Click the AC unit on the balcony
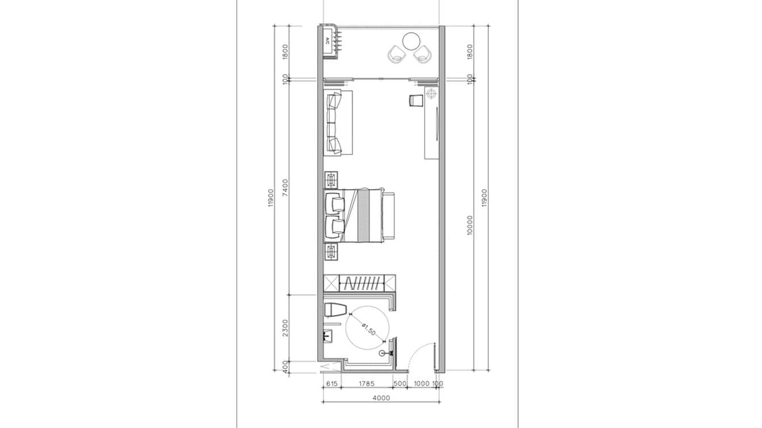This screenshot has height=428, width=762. click(x=328, y=41)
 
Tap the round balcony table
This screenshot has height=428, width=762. click(x=411, y=41)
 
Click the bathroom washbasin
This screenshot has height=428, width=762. click(x=328, y=335)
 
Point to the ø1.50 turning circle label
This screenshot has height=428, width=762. click(x=368, y=329)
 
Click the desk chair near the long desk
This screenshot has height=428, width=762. click(x=416, y=100)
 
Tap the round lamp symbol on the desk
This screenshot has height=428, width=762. click(x=432, y=93)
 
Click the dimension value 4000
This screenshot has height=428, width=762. click(x=381, y=398)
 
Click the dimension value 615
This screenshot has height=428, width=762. click(x=333, y=384)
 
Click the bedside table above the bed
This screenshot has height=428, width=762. click(x=331, y=180)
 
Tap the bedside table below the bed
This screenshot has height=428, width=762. click(x=331, y=251)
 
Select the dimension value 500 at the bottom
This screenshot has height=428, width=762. click(x=400, y=384)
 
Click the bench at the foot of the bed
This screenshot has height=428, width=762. click(x=389, y=216)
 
